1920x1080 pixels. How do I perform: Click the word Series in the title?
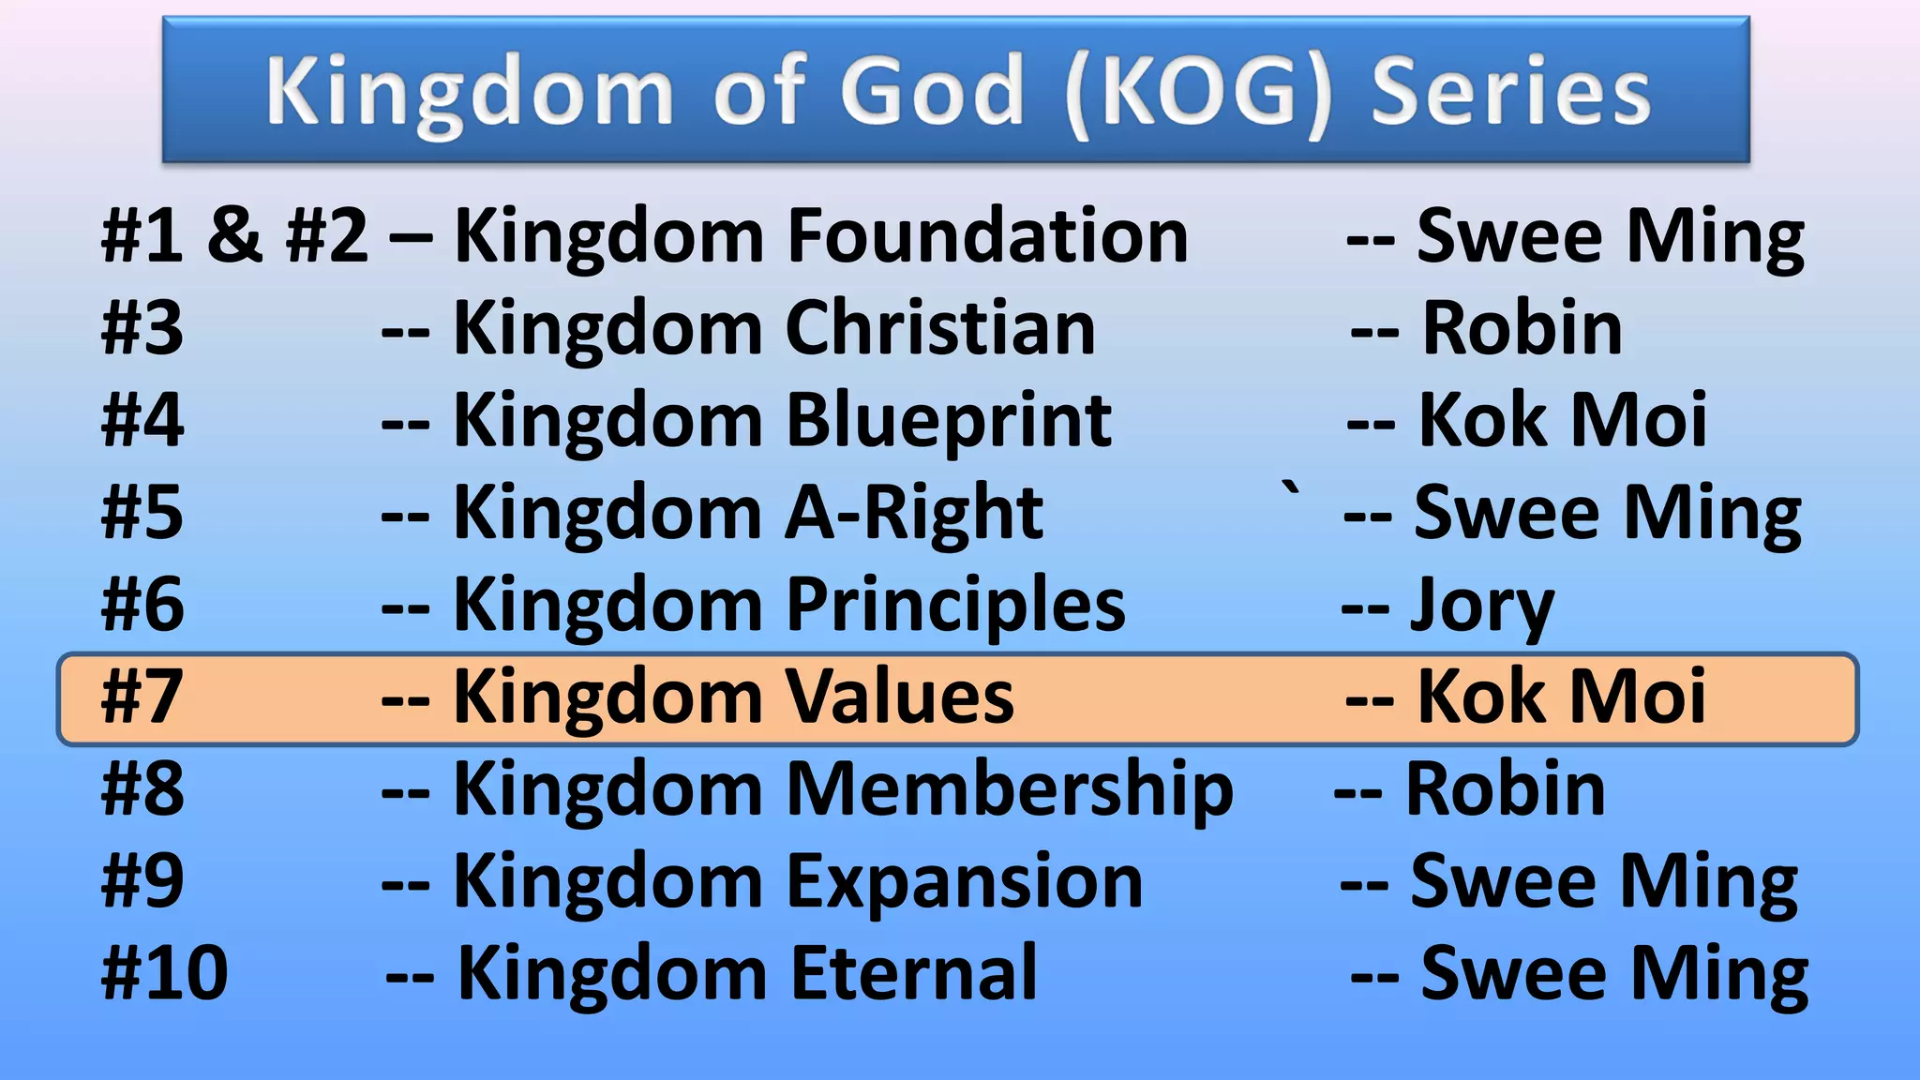tap(1510, 91)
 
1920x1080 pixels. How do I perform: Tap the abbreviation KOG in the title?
tap(1199, 91)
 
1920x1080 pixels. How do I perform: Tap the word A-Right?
tap(913, 512)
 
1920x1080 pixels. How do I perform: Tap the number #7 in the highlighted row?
tap(142, 697)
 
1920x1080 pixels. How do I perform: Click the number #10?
tap(164, 973)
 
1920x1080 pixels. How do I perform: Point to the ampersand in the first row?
tap(234, 235)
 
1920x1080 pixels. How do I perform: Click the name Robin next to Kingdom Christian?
tap(1522, 328)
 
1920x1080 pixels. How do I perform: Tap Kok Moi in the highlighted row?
tap(1561, 697)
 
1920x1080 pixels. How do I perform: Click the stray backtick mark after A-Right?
tap(1292, 487)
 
